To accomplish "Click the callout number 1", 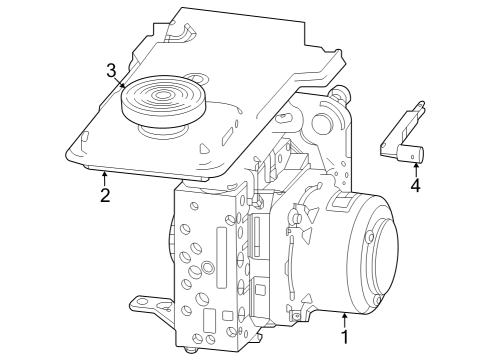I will coord(344,337).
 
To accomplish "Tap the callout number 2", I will coord(104,194).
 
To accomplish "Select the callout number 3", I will coord(112,70).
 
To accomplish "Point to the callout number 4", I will coord(415,185).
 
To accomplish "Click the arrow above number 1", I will coord(344,320).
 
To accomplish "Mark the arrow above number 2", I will coord(104,177).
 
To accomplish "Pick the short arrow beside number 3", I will coord(122,84).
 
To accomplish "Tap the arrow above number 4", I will coord(415,168).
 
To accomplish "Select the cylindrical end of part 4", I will coord(411,153).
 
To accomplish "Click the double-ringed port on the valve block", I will coord(207,267).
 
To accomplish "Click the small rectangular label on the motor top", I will coord(339,203).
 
